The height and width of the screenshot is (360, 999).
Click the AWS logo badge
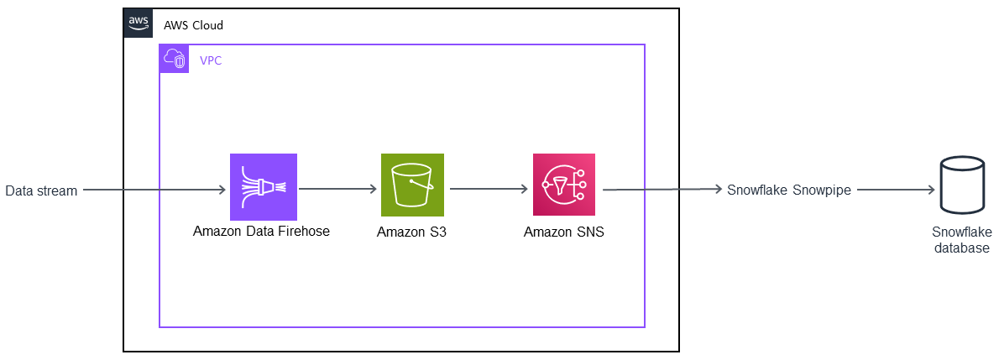click(x=139, y=23)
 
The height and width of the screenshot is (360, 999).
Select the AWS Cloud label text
click(x=193, y=25)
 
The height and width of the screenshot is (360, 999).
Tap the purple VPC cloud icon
click(x=175, y=59)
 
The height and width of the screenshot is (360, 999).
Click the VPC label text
click(x=211, y=60)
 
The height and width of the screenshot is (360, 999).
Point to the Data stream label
click(x=41, y=190)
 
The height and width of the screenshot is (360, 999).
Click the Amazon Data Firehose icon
click(x=264, y=186)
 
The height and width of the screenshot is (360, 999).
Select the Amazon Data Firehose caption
click(x=261, y=232)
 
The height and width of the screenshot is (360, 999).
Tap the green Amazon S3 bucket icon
click(x=411, y=186)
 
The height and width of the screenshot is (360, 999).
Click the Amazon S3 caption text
click(x=411, y=232)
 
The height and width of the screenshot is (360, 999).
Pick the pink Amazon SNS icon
click(x=564, y=185)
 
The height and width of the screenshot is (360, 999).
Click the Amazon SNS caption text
click(x=563, y=232)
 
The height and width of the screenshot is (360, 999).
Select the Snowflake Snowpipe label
click(x=789, y=190)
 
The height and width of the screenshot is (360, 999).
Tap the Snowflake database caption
click(x=961, y=240)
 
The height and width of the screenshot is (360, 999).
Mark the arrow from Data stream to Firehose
click(x=155, y=190)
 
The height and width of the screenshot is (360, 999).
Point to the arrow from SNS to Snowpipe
click(x=662, y=190)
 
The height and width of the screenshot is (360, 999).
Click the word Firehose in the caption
click(x=305, y=232)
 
